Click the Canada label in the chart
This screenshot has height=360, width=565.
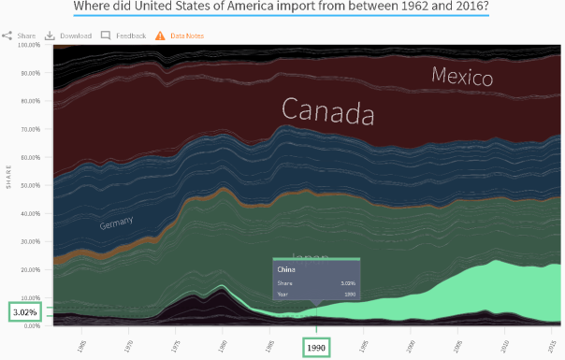(327, 112)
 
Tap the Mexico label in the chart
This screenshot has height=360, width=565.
(462, 77)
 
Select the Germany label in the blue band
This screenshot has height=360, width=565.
(116, 223)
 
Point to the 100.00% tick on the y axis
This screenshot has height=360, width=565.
(27, 45)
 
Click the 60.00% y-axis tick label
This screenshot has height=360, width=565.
(28, 157)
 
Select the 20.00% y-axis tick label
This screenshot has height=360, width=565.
(28, 269)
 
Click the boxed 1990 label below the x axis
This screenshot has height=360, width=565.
(316, 346)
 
